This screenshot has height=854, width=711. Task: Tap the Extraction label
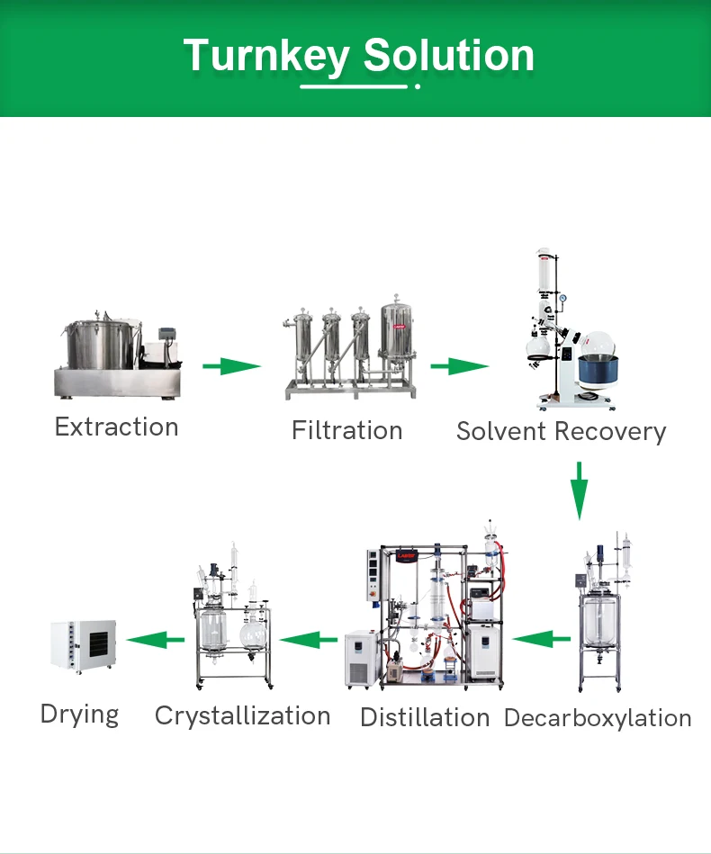(116, 427)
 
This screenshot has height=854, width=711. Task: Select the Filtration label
(346, 430)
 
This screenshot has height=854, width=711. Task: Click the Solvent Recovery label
(561, 431)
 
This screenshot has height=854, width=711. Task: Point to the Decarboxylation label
(598, 718)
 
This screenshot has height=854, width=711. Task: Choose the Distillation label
(425, 717)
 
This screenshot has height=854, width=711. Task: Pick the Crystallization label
(242, 715)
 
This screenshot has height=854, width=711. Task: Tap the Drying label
(79, 715)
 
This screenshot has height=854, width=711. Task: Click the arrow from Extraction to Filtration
(231, 366)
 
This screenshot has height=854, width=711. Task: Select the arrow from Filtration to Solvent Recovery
(459, 366)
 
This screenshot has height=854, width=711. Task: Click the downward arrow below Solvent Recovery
(580, 490)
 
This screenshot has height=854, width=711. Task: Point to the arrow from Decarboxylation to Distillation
(542, 639)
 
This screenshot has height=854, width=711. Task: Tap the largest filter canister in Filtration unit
(397, 342)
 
